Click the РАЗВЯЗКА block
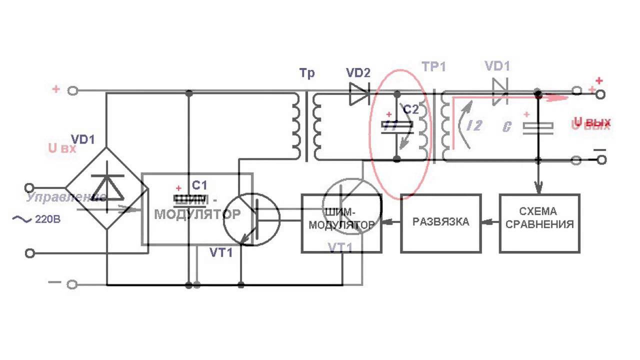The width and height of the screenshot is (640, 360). click(441, 222)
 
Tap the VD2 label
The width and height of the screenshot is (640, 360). click(358, 73)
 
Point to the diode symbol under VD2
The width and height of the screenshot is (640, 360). click(359, 93)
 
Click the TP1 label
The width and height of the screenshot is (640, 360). click(433, 67)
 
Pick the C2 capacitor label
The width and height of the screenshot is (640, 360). click(410, 109)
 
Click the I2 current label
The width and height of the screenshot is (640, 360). click(473, 125)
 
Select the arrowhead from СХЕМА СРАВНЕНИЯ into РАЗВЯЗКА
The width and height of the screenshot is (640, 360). click(484, 222)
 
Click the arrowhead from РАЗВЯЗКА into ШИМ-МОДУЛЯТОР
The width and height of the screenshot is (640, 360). click(385, 222)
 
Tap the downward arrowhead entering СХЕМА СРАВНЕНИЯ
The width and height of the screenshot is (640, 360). click(538, 190)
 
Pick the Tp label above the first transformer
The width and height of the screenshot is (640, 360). click(307, 73)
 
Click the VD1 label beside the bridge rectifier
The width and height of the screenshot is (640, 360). click(82, 138)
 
